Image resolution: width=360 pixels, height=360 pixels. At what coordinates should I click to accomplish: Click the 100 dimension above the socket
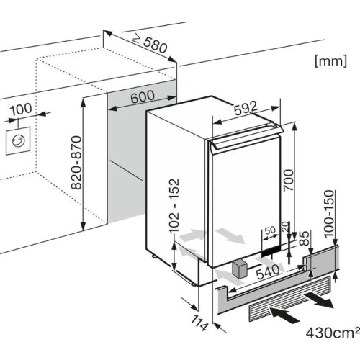point(22,109)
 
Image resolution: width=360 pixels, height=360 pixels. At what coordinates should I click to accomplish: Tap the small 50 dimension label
point(270,230)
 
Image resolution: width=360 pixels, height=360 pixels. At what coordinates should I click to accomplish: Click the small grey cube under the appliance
point(238,271)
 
